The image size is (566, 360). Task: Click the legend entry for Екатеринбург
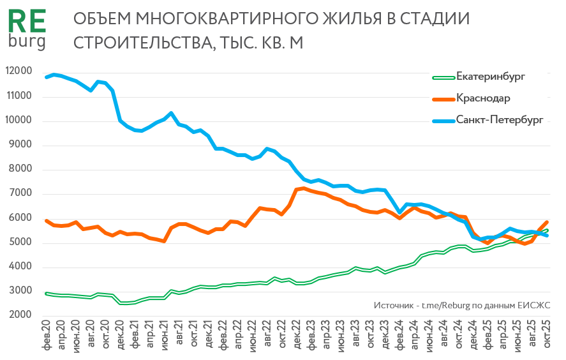tap(490, 78)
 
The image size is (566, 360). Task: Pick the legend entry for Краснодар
tap(482, 98)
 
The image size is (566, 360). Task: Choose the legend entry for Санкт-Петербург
tap(499, 119)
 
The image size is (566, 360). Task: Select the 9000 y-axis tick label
tap(20, 145)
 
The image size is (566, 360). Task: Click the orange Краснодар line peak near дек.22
tap(304, 188)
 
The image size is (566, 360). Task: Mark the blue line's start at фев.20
tap(47, 77)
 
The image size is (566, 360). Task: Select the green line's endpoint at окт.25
tap(547, 230)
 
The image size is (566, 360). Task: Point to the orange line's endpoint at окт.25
tap(547, 221)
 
